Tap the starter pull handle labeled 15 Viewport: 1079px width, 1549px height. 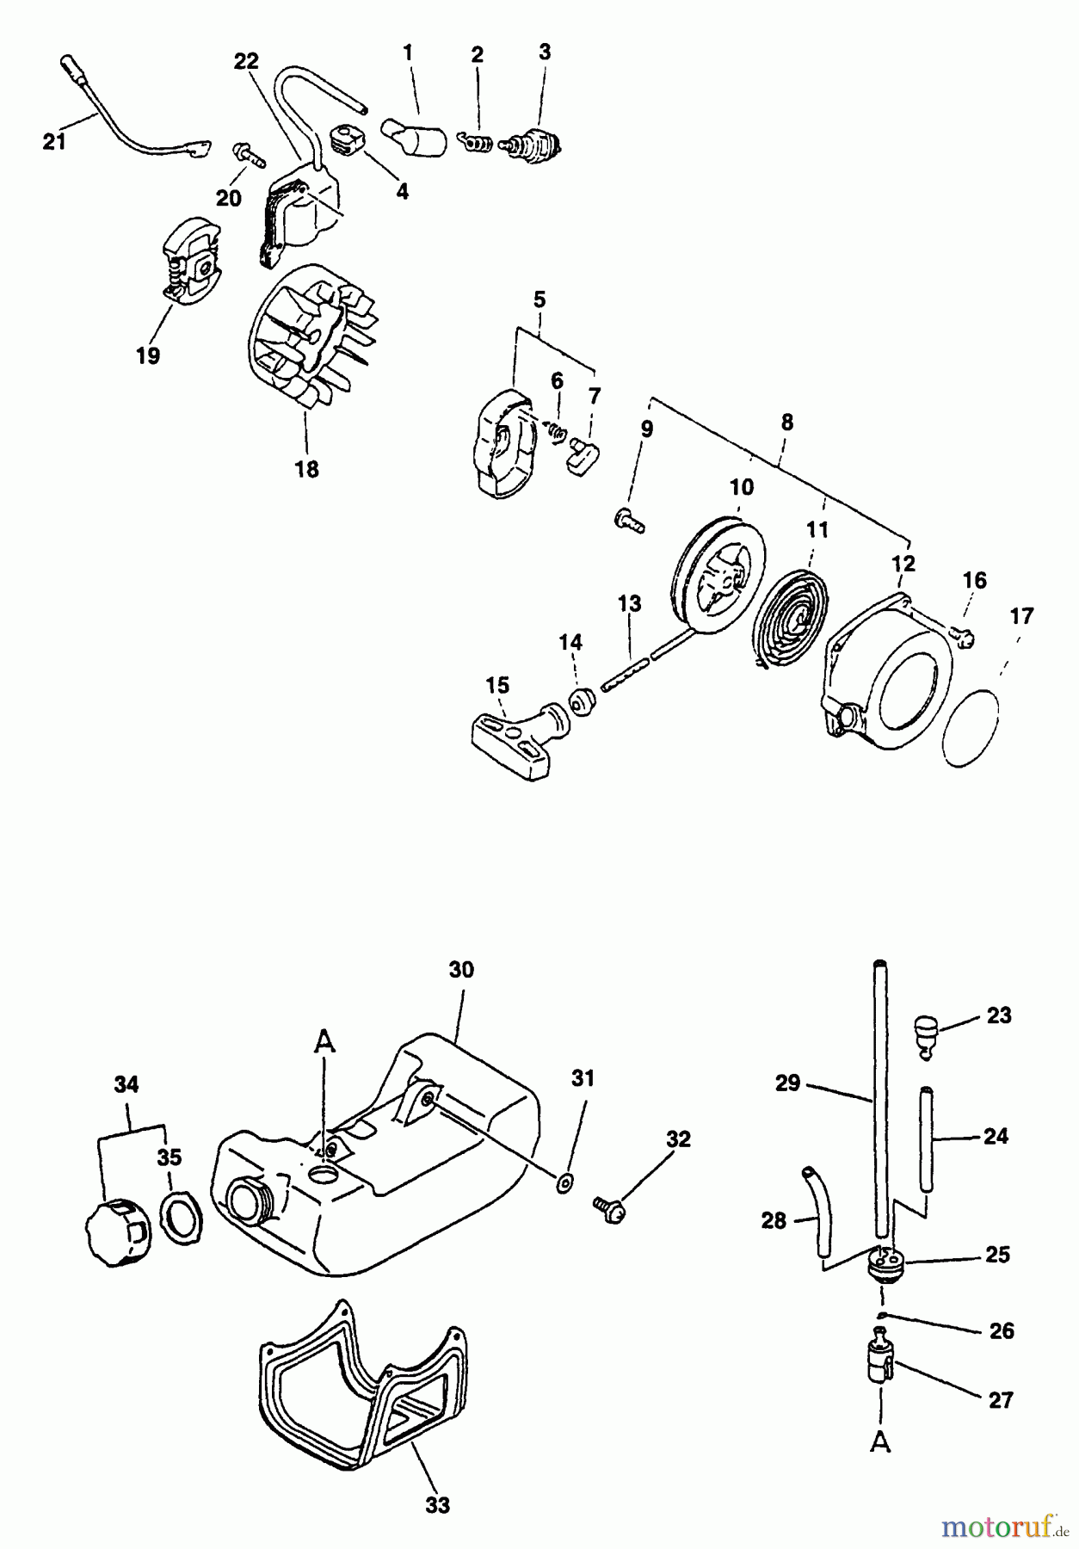517,731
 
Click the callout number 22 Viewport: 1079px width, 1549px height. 246,61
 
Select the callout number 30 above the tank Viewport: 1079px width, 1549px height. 461,969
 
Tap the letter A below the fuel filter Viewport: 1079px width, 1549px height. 880,1442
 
